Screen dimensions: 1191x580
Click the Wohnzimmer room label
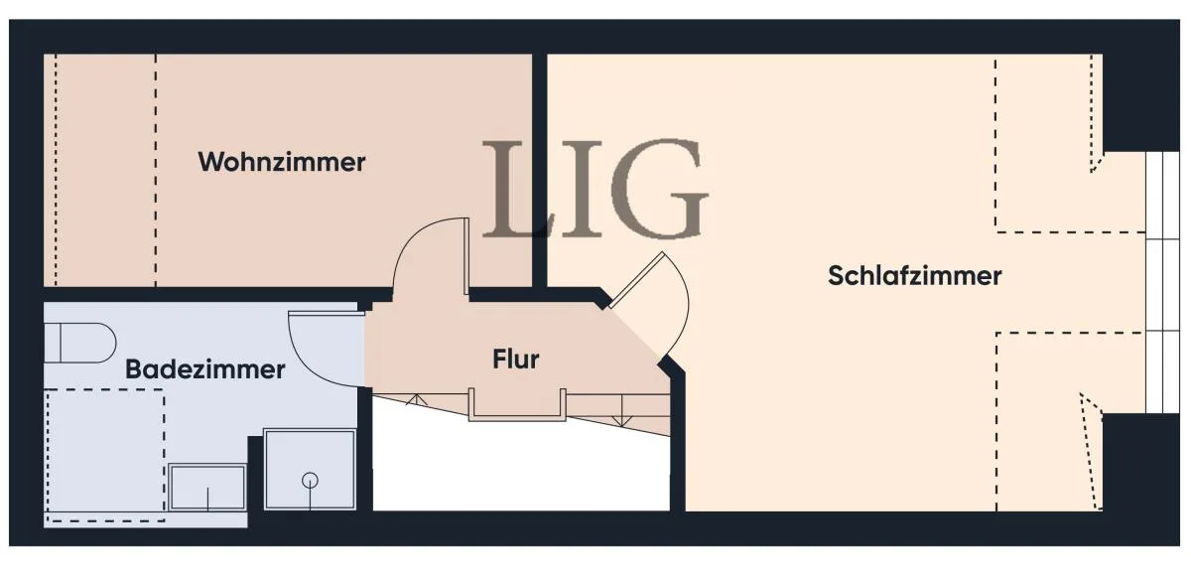281,162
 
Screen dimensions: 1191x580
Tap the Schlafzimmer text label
914,276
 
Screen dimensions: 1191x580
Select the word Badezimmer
204,369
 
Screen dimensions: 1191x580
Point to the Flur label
516,360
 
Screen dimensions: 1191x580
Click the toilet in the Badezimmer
79,343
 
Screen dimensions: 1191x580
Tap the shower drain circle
310,481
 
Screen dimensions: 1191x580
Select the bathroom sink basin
207,487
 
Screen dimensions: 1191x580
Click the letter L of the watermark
516,189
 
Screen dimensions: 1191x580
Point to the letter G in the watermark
659,189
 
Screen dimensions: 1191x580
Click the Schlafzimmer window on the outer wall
1162,282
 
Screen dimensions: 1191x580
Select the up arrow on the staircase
417,399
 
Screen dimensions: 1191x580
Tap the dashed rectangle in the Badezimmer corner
105,455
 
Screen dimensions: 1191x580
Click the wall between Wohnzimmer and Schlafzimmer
540,170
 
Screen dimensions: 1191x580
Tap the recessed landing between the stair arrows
517,404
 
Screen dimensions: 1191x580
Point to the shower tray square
310,470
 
